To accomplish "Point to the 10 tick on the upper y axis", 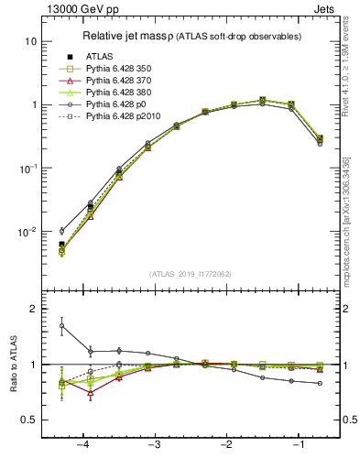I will pos(30,41).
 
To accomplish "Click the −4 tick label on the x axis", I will pos(82,445).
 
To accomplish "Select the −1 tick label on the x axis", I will pos(297,445).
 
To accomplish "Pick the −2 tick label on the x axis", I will pos(225,445).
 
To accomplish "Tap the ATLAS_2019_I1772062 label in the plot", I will pos(191,273).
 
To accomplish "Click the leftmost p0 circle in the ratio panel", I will pos(61,325).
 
